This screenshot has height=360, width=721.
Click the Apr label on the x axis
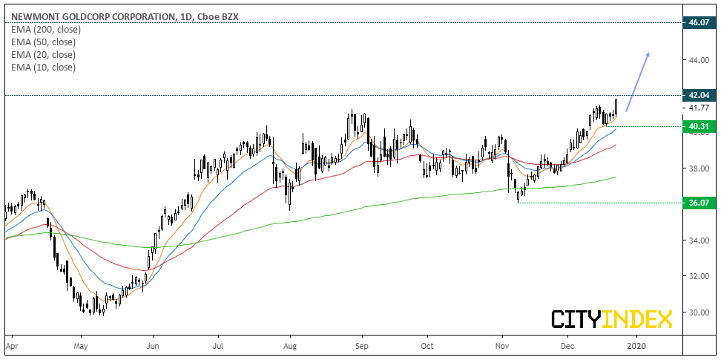(x=12, y=346)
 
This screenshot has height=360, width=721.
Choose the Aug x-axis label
(x=291, y=346)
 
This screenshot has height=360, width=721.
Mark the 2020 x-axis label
(x=636, y=346)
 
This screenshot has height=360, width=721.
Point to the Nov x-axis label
(x=503, y=346)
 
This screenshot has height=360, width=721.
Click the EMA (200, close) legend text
(x=47, y=30)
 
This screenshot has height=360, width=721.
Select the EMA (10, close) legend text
(x=44, y=68)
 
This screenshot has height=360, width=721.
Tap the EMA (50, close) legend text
(x=44, y=42)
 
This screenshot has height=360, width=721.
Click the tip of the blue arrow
(x=649, y=53)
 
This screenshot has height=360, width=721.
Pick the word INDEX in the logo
(x=639, y=319)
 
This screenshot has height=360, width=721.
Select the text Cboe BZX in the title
(x=222, y=17)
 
